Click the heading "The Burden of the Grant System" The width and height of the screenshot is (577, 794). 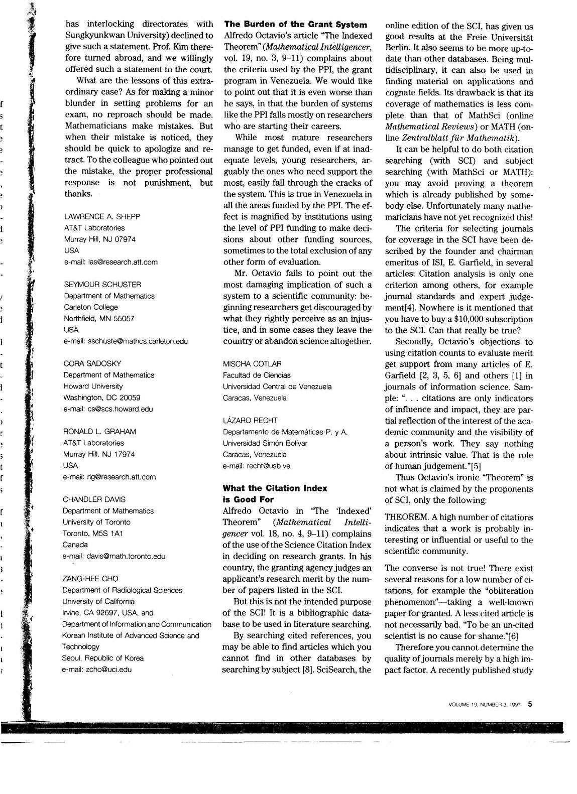click(x=295, y=24)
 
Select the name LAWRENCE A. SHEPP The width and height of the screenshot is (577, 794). click(x=102, y=216)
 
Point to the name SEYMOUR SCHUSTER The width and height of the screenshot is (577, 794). click(x=102, y=284)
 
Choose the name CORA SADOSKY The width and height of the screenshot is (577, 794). click(x=92, y=363)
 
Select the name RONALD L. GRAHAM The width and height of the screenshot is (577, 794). click(x=99, y=431)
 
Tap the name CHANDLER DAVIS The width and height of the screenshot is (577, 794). click(x=94, y=499)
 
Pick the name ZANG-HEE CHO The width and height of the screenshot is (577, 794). click(x=90, y=578)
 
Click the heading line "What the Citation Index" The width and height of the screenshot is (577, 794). click(x=275, y=488)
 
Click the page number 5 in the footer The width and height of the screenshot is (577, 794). click(x=530, y=704)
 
